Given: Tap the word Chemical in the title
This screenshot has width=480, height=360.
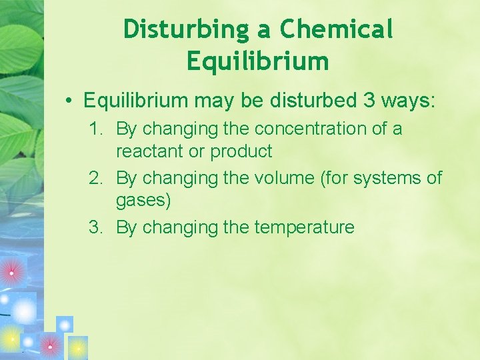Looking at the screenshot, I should pyautogui.click(x=337, y=30).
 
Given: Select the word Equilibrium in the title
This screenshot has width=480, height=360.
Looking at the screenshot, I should pyautogui.click(x=258, y=61).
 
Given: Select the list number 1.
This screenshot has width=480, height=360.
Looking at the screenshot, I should pyautogui.click(x=96, y=129).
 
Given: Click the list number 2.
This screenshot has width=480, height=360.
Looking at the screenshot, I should pyautogui.click(x=96, y=178).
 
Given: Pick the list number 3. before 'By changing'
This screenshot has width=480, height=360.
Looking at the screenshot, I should pyautogui.click(x=96, y=227).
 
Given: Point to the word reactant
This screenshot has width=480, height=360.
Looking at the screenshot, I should pyautogui.click(x=150, y=151).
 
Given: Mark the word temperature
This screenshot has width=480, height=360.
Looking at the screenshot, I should pyautogui.click(x=304, y=227).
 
